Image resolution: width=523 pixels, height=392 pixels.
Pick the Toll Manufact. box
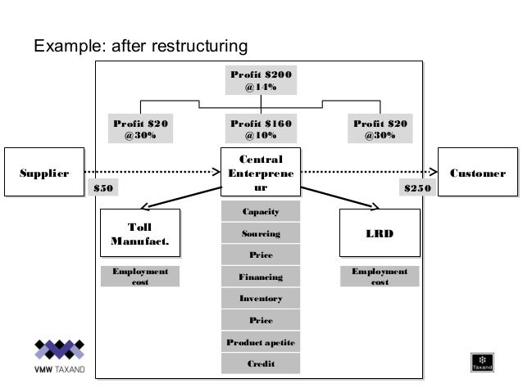(x=140, y=234)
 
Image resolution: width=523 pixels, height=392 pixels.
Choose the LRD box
(x=379, y=234)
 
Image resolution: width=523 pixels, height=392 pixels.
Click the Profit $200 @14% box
(x=261, y=82)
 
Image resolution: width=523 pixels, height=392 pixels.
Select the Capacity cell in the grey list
(x=261, y=213)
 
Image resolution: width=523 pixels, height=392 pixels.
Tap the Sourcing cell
(x=261, y=234)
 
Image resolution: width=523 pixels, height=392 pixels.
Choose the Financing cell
(x=261, y=277)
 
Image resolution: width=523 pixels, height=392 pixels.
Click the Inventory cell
(x=261, y=299)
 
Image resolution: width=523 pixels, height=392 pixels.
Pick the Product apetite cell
(x=261, y=341)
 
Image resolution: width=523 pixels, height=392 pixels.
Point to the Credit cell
(x=261, y=363)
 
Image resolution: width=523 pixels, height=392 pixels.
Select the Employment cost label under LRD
(x=380, y=277)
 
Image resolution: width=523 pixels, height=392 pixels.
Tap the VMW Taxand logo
(x=58, y=358)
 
